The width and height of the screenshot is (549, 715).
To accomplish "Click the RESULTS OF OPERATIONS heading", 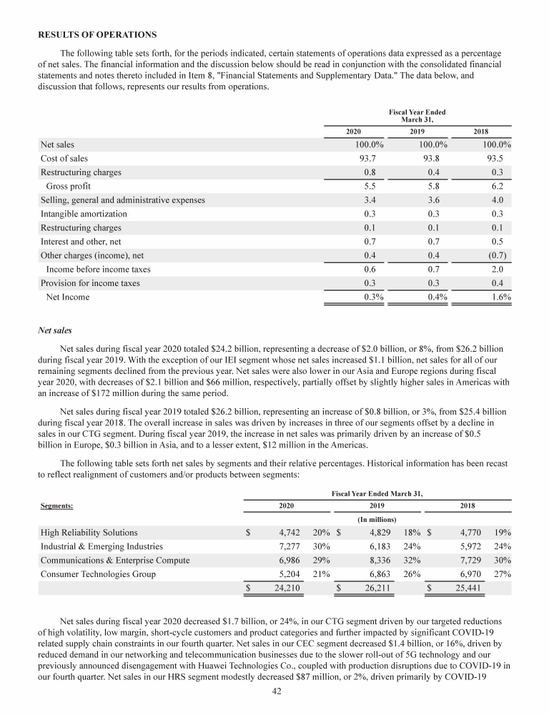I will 96,35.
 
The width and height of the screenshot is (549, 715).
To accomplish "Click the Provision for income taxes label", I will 90,283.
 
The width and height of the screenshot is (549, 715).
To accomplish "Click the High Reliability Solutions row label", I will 89,533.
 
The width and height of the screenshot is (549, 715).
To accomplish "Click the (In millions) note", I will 377,518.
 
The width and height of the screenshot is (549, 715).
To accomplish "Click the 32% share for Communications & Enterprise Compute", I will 413,560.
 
